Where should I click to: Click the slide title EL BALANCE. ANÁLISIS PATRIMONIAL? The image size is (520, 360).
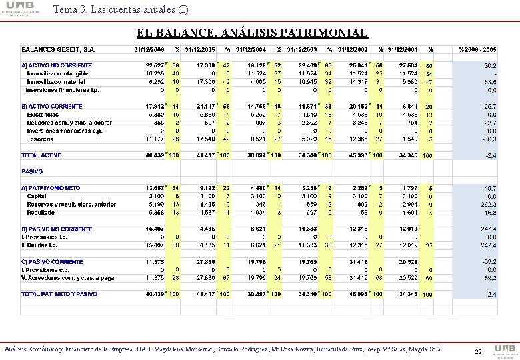tap(252, 33)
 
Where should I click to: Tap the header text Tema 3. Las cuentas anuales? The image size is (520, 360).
tap(119, 9)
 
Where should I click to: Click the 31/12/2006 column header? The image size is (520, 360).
tap(149, 49)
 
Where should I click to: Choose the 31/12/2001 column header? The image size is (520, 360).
tap(403, 49)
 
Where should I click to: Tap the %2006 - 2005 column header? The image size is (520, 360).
tap(477, 49)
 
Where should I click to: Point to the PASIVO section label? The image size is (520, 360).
tap(33, 171)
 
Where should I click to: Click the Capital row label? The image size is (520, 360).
tap(37, 196)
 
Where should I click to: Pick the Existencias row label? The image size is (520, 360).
tap(43, 115)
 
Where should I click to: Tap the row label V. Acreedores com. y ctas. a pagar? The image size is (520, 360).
tap(69, 277)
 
